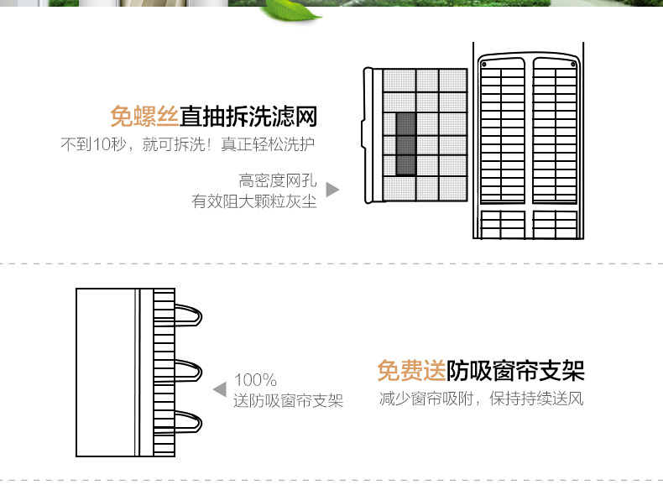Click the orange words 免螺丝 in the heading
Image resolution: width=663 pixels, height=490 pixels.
144,117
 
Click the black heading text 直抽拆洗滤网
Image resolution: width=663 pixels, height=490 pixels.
248,117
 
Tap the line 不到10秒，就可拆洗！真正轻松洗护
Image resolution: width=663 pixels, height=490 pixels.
188,144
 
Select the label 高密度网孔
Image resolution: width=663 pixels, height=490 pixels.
278,180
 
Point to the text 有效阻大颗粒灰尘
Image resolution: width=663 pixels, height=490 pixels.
254,201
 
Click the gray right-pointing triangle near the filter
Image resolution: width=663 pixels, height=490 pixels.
332,190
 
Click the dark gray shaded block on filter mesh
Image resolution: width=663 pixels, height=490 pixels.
405,143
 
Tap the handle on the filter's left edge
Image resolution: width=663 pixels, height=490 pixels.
363,134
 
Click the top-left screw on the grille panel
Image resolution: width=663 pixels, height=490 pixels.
484,65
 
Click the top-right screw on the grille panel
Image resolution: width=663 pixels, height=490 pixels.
573,65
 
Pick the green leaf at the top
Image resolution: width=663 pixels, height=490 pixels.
292,10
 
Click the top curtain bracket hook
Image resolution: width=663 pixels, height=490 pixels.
189,315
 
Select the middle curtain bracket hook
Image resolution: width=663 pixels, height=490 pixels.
189,371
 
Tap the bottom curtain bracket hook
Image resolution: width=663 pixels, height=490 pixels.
189,421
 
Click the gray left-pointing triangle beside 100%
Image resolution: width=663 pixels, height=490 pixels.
220,389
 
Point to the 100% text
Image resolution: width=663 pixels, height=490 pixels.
255,379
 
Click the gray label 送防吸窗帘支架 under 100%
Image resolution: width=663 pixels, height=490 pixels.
288,400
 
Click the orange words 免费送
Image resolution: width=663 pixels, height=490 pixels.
411,371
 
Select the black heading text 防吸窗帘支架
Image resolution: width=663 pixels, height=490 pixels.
515,371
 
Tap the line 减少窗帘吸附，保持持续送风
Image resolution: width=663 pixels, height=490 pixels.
481,399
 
